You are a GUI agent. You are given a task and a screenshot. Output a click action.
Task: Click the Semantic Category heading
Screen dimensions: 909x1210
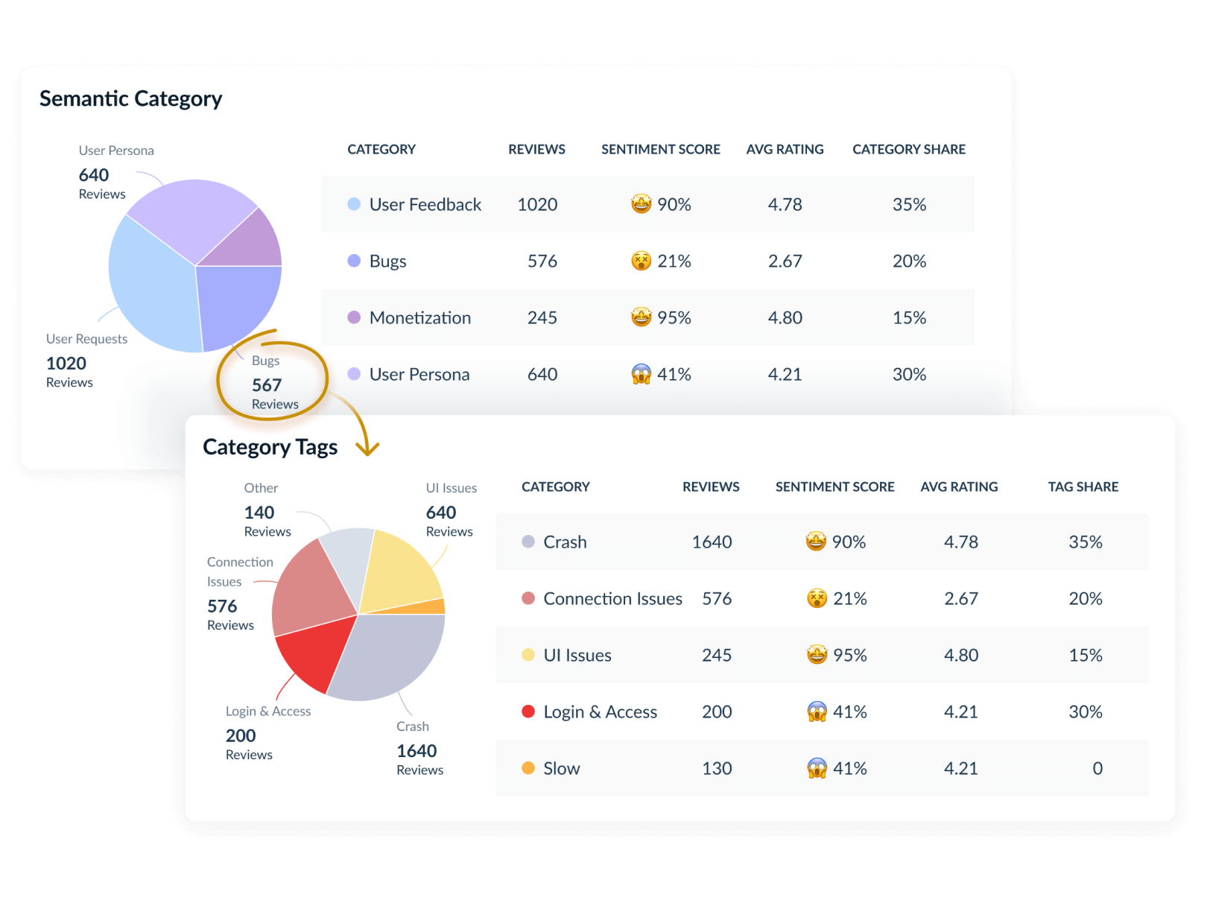pos(130,98)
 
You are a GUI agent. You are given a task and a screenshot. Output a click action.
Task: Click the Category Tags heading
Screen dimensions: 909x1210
pos(270,447)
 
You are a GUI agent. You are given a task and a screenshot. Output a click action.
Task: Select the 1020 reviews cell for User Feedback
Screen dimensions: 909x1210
pos(537,204)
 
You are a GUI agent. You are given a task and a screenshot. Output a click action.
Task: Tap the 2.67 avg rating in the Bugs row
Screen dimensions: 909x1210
pos(785,261)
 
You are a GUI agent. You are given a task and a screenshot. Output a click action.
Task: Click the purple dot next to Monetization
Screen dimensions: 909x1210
pos(355,317)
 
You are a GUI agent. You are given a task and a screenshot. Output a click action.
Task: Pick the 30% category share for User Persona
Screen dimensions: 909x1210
pos(909,374)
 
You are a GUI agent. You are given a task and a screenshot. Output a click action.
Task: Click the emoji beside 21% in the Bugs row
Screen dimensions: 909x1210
pos(641,261)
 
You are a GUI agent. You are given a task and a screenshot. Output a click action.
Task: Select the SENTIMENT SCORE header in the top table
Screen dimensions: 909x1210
pos(660,149)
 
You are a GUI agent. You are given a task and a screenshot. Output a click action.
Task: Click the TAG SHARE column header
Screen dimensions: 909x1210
pos(1083,487)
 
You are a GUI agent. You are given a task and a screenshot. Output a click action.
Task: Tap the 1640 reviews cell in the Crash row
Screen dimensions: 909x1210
pos(712,542)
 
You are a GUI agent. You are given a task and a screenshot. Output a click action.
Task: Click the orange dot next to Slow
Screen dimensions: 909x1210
pos(528,768)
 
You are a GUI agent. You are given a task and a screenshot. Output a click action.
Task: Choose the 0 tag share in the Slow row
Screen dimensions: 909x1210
pos(1097,768)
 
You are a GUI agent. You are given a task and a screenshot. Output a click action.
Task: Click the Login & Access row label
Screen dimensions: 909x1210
pos(600,712)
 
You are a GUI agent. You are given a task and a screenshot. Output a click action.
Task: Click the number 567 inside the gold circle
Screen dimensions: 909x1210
pos(267,385)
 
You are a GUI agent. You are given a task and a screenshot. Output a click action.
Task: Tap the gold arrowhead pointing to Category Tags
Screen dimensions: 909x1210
pos(367,449)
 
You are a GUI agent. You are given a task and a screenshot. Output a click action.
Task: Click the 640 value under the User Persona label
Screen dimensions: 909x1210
pos(94,175)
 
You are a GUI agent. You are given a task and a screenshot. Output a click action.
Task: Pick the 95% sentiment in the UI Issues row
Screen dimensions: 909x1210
pos(849,655)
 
